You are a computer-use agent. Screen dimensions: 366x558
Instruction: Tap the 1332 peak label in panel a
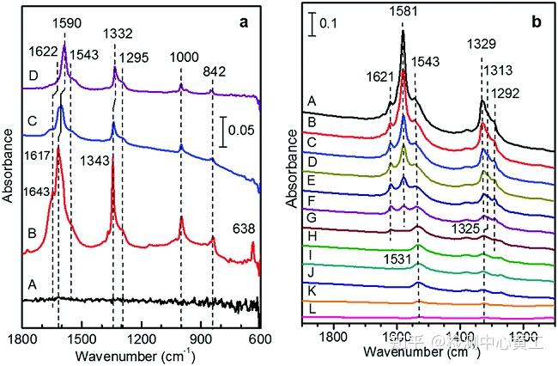point(118,34)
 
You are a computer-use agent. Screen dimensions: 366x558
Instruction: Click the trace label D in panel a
point(32,76)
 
